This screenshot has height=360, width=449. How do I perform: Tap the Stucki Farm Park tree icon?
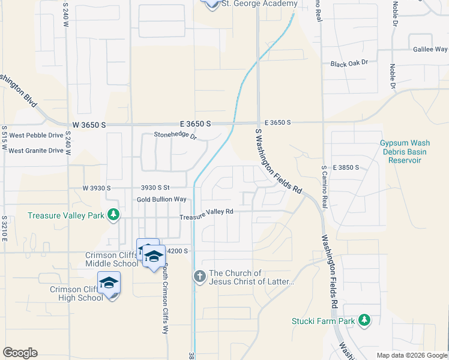pos(363,320)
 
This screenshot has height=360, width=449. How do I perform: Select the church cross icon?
pos(200,277)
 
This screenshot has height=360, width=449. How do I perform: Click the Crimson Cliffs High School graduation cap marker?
pos(109,283)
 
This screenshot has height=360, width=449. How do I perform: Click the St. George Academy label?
pos(259,4)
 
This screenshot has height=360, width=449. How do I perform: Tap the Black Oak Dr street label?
pos(349,62)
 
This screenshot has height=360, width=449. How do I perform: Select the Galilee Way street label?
pos(429,50)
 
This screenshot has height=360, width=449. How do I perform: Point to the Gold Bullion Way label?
pos(161,199)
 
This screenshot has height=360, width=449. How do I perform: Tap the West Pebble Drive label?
pos(35,136)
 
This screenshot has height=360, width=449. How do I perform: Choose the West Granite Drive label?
pos(35,151)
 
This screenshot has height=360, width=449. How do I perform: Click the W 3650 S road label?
pos(89,125)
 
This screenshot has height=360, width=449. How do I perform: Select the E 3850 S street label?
pos(345,167)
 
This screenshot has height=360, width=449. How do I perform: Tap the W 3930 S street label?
pos(95,188)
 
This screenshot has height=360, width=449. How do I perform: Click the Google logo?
pos(20,353)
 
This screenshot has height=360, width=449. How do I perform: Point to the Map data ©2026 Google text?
pos(411,355)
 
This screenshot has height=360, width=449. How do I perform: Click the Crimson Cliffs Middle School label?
pos(112,260)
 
